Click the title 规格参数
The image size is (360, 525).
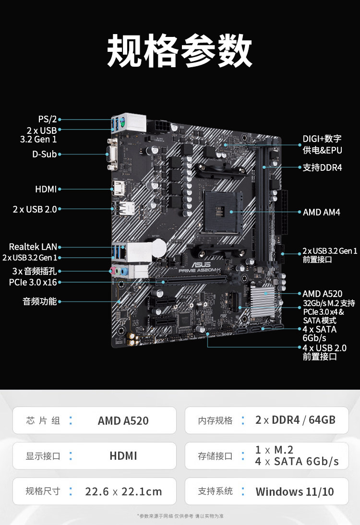click(x=180, y=50)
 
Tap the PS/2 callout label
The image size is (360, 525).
click(x=47, y=119)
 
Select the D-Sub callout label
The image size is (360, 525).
click(x=44, y=154)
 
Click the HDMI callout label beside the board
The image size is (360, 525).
click(x=46, y=189)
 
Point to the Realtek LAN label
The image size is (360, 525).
click(x=33, y=247)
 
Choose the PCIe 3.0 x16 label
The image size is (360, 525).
click(x=33, y=282)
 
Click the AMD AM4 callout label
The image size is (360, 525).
click(x=322, y=212)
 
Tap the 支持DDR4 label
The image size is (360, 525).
click(x=323, y=167)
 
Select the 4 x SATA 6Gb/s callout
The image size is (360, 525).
click(x=320, y=334)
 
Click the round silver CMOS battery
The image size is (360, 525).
click(x=157, y=248)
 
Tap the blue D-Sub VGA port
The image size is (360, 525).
click(x=112, y=155)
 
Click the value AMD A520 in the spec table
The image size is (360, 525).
click(x=123, y=420)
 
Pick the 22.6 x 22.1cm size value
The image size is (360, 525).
click(x=123, y=491)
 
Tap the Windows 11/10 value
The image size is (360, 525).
click(x=295, y=491)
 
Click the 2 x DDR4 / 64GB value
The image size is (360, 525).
click(x=295, y=420)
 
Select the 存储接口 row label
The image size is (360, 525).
click(x=215, y=456)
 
